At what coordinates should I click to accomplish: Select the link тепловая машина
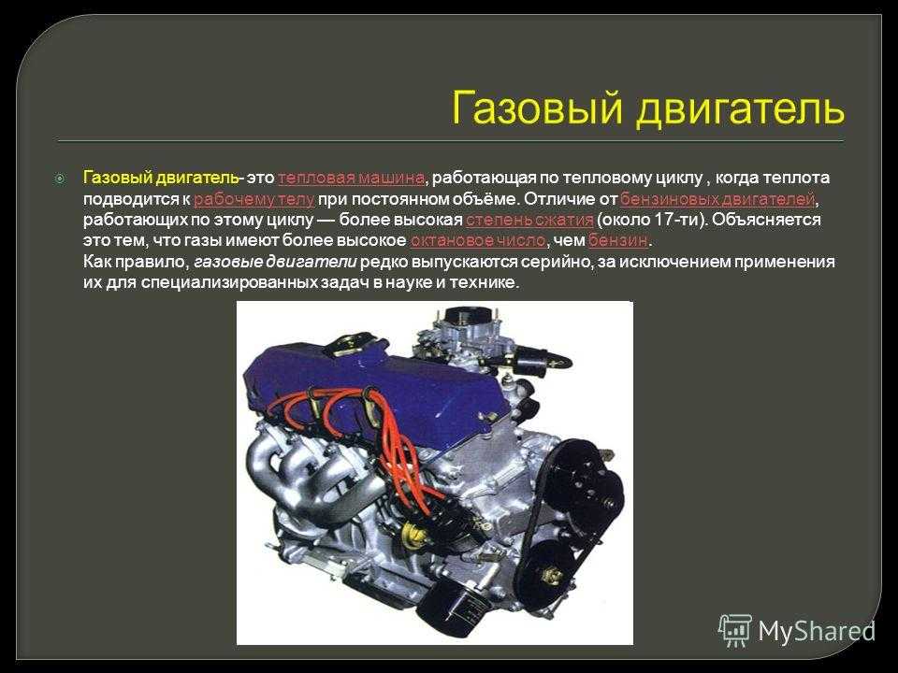[x=351, y=178]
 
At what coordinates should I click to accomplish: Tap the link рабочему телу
[x=253, y=199]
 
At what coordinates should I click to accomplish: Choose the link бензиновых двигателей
[x=717, y=199]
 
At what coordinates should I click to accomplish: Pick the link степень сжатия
[x=529, y=220]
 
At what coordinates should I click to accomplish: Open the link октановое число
[x=478, y=240]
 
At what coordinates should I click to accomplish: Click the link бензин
[x=618, y=240]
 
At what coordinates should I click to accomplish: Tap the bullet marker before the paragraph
[x=60, y=179]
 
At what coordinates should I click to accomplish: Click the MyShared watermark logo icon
[x=735, y=631]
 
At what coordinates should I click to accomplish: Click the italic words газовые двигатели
[x=275, y=262]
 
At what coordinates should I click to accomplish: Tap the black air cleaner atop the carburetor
[x=471, y=316]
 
